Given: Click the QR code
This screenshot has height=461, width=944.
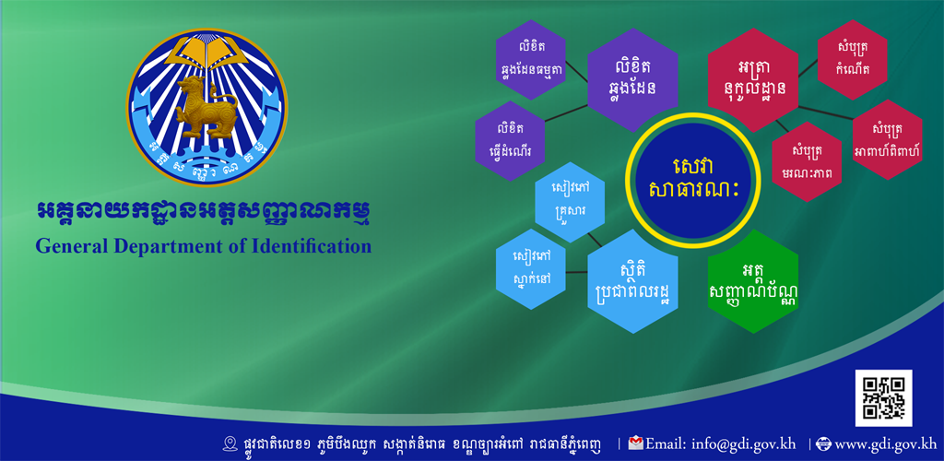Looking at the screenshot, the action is coord(883,397).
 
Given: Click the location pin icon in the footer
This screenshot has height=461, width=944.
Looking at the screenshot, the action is coord(230,444).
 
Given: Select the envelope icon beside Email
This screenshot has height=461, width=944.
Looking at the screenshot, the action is coord(635,443).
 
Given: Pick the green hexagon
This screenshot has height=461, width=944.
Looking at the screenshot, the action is coord(753,281).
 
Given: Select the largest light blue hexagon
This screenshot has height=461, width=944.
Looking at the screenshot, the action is coord(632,281).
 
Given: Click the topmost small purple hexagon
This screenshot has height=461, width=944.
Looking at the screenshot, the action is coord(530,60).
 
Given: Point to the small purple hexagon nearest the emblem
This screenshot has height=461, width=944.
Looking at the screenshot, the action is coord(510,141).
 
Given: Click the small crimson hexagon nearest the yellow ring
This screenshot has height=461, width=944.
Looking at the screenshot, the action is coord(807,161).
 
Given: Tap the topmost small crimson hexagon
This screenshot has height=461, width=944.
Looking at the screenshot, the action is coord(852,60).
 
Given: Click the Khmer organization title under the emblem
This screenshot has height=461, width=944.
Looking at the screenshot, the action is coord(203,214).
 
